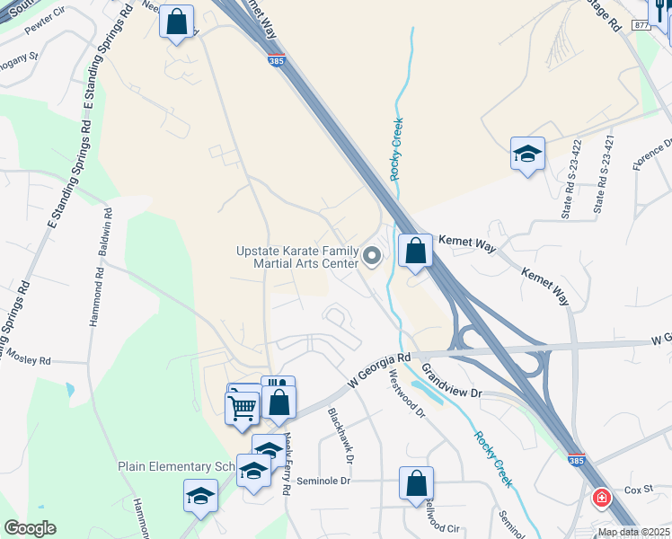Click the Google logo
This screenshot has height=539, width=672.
pyautogui.click(x=30, y=528)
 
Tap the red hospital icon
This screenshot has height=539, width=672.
pyautogui.click(x=601, y=497)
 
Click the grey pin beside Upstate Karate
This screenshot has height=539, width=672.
pyautogui.click(x=372, y=259)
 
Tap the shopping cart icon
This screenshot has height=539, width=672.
pyautogui.click(x=242, y=408)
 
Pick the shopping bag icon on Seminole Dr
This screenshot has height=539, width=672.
pyautogui.click(x=416, y=483)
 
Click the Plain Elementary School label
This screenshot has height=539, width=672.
pyautogui.click(x=176, y=466)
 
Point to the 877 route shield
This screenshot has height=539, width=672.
pyautogui.click(x=641, y=26)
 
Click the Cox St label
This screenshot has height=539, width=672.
pyautogui.click(x=638, y=490)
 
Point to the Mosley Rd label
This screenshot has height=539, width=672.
pyautogui.click(x=31, y=360)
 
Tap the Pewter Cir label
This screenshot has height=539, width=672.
pyautogui.click(x=45, y=24)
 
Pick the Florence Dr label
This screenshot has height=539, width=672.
pyautogui.click(x=652, y=155)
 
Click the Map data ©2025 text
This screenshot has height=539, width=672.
pyautogui.click(x=632, y=532)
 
